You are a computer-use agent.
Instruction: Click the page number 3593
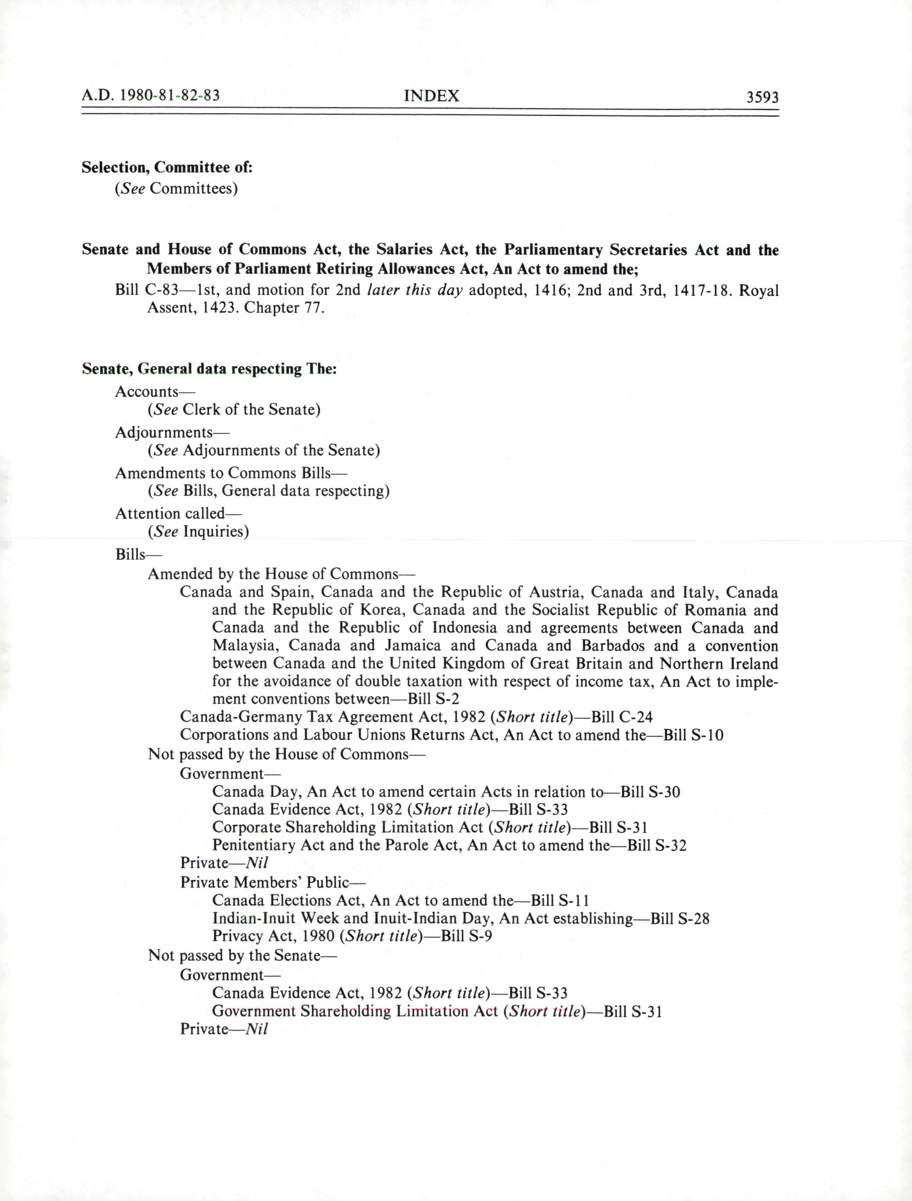(x=762, y=97)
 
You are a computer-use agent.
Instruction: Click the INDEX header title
(x=432, y=96)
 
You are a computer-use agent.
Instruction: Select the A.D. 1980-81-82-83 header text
(x=150, y=96)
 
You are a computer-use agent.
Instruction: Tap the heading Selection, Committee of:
(x=167, y=167)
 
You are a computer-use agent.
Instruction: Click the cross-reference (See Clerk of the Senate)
(x=234, y=409)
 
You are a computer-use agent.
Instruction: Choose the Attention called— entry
(x=179, y=513)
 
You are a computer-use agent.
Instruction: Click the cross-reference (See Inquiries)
(x=198, y=531)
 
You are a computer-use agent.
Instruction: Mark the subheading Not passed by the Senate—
(x=242, y=955)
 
